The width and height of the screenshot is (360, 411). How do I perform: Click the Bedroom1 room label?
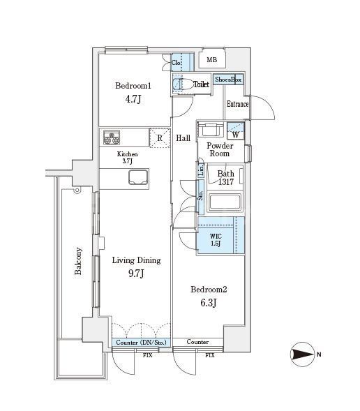pos(133,86)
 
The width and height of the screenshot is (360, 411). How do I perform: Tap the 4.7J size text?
pos(134,100)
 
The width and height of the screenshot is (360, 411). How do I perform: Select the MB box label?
pos(211,60)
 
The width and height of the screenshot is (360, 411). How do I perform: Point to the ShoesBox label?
pos(228,80)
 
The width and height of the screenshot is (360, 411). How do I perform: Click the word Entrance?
pos(237,105)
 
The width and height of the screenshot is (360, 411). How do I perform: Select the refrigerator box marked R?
pos(160,137)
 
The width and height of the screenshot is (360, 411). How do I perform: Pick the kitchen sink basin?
pos(138,177)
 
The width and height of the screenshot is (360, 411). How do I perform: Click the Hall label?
pos(183,138)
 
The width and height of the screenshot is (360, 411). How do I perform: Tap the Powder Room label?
pos(220,149)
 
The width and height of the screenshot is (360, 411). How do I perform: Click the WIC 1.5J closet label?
pos(216,239)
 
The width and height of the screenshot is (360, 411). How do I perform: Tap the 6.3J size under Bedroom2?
pos(209,304)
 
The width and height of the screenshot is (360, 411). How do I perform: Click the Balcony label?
pos(78,262)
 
